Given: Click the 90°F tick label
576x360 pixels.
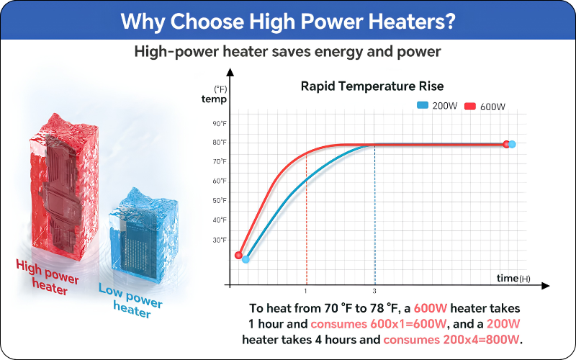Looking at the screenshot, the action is point(220,124).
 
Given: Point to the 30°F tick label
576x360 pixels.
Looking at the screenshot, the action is point(220,240).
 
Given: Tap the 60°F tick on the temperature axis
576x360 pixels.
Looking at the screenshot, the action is point(220,181).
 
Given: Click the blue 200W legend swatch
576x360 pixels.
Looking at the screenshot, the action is point(423,105).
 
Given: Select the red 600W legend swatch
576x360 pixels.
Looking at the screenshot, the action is point(470,107).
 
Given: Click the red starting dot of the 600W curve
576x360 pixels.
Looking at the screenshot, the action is point(238,255).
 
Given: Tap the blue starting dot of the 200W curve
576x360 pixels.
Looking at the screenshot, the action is point(246,259).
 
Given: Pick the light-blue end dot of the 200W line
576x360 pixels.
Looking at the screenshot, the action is point(512,145).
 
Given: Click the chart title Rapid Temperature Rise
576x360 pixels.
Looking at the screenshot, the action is point(372,86).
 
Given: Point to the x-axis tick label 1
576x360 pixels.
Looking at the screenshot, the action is point(305,292).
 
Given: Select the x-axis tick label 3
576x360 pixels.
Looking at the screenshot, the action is point(374,292).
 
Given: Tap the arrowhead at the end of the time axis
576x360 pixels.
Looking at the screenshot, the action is point(546,286).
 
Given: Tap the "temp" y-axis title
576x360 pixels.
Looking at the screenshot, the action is point(214,99).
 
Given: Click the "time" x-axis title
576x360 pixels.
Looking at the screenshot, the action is point(508,278).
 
